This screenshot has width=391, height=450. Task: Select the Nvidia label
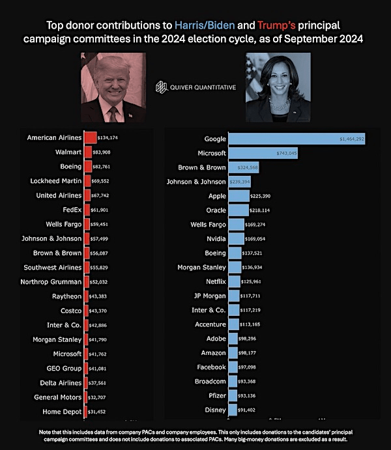211,239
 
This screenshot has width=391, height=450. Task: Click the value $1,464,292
351,139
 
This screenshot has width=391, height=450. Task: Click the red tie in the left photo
112,114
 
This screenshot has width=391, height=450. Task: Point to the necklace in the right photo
280,104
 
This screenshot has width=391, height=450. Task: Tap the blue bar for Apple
239,196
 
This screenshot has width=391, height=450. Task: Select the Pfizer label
214,396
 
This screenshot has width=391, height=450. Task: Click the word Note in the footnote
53,432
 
